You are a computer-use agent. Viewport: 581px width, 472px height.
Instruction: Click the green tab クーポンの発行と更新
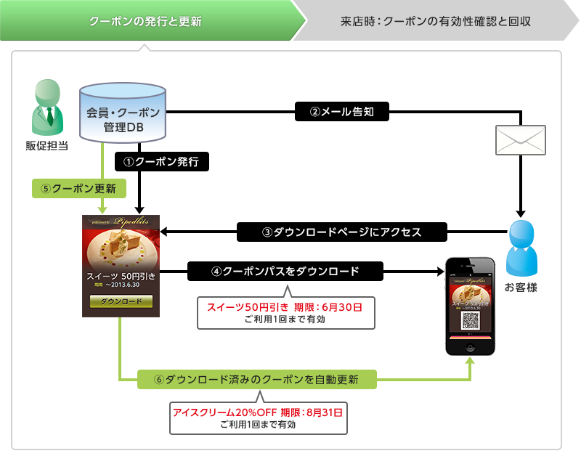pyautogui.click(x=145, y=20)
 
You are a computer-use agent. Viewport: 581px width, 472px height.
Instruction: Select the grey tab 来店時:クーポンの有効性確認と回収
pyautogui.click(x=436, y=20)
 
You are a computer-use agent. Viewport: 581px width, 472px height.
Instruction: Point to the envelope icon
pyautogui.click(x=520, y=139)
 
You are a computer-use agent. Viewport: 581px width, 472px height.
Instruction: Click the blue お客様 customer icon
pyautogui.click(x=521, y=246)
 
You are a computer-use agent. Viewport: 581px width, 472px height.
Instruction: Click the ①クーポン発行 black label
pyautogui.click(x=162, y=160)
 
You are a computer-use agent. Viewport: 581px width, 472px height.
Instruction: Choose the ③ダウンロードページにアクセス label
pyautogui.click(x=342, y=232)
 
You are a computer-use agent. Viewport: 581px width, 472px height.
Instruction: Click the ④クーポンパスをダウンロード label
pyautogui.click(x=285, y=272)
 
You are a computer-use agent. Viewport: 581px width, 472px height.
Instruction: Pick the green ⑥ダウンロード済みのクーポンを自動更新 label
pyautogui.click(x=257, y=379)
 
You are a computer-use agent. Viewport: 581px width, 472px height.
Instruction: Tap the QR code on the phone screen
pyautogui.click(x=470, y=319)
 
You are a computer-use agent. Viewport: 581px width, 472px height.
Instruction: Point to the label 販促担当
pyautogui.click(x=46, y=146)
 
